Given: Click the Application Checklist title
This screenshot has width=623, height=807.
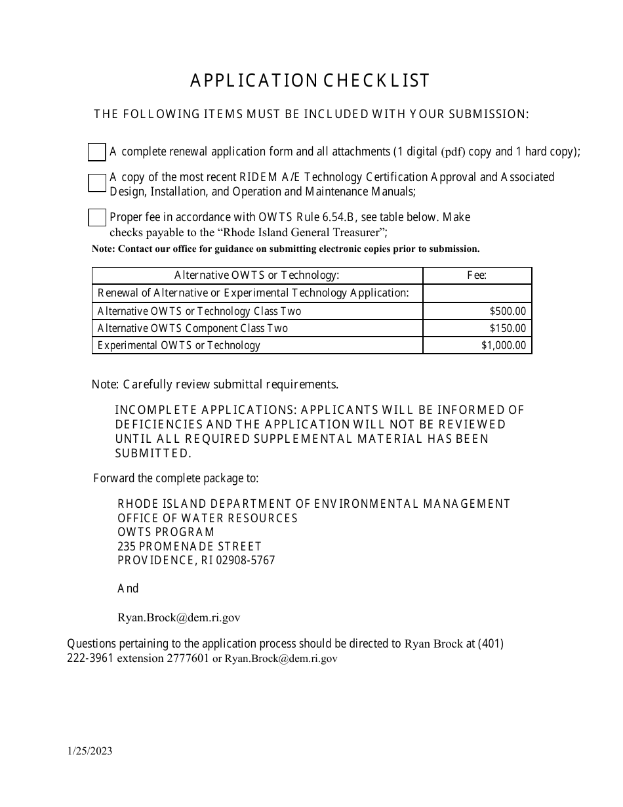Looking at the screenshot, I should [310, 81].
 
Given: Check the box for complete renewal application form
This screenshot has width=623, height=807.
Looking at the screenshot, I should [97, 152].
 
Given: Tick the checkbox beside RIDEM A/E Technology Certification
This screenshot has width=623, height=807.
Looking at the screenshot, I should [97, 183].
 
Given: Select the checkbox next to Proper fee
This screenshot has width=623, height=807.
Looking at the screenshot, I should [97, 218].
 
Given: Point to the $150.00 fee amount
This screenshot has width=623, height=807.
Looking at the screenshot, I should [507, 329].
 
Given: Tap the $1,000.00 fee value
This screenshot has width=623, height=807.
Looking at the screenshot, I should [503, 346].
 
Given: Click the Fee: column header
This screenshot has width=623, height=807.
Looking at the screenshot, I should [477, 276].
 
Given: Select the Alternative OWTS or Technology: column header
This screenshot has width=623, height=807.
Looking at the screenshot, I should [257, 276].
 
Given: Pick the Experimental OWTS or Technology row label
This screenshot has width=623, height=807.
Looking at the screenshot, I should [179, 346].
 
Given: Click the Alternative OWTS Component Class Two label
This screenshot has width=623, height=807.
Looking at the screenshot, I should [193, 329].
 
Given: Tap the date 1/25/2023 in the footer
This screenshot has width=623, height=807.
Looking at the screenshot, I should [89, 752].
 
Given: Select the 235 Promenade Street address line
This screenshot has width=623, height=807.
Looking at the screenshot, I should [190, 547].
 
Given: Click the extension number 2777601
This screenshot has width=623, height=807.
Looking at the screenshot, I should [188, 659].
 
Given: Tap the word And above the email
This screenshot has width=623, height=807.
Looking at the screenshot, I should [128, 589].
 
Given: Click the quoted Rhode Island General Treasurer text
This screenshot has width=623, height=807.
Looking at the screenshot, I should [291, 232].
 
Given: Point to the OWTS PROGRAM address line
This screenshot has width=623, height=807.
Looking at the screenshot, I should [166, 532].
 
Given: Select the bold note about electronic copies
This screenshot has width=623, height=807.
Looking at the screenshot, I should [286, 249].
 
